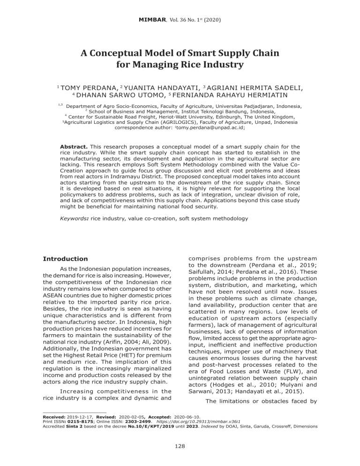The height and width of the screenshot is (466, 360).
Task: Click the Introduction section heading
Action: click(65, 259)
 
